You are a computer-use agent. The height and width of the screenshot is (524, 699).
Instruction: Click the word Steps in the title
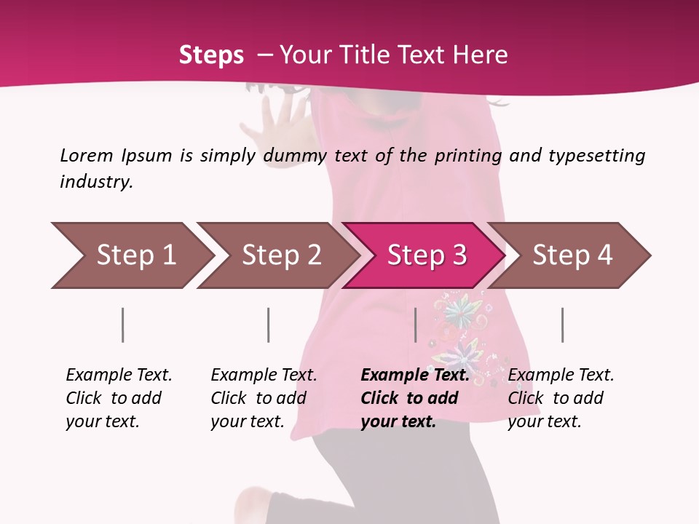point(211,55)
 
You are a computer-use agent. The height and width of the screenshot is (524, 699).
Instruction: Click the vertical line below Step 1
point(123,325)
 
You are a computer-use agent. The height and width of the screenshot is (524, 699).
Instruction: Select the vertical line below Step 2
point(269,325)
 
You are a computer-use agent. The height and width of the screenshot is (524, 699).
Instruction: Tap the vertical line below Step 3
point(415,325)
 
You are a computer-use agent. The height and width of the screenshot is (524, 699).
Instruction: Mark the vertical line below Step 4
point(562,325)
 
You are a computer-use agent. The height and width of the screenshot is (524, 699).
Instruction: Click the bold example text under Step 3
point(414,398)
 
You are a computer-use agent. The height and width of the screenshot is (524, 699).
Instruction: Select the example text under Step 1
point(118,398)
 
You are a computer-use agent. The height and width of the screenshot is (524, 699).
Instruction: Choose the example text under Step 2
point(263,398)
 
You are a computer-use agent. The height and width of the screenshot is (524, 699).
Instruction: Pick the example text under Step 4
point(560,398)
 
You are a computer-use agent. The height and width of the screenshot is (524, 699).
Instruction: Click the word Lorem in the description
point(87,155)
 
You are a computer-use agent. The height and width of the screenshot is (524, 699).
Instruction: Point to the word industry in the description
point(96,181)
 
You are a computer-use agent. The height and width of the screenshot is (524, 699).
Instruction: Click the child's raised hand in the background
point(280,120)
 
